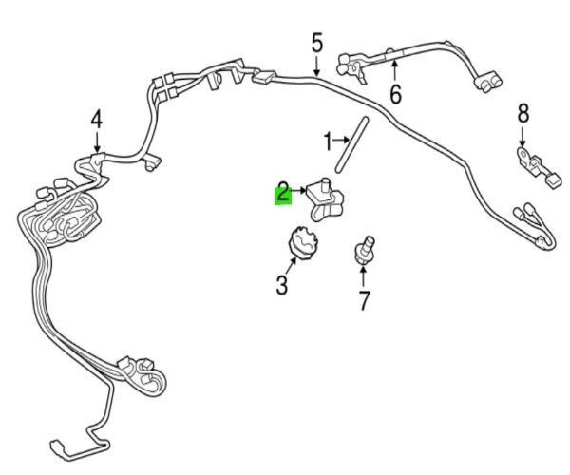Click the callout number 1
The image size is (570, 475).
point(328,143)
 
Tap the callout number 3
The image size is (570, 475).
point(282,283)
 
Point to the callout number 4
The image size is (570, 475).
point(96,121)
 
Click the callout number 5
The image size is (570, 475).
point(316,43)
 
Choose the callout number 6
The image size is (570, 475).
point(394,94)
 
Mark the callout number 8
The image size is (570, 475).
point(522,115)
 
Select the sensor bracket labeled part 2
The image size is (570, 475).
point(325,199)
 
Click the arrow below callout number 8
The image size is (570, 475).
point(522,135)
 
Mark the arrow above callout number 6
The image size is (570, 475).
point(393,70)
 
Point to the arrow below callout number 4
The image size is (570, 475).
point(96,141)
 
